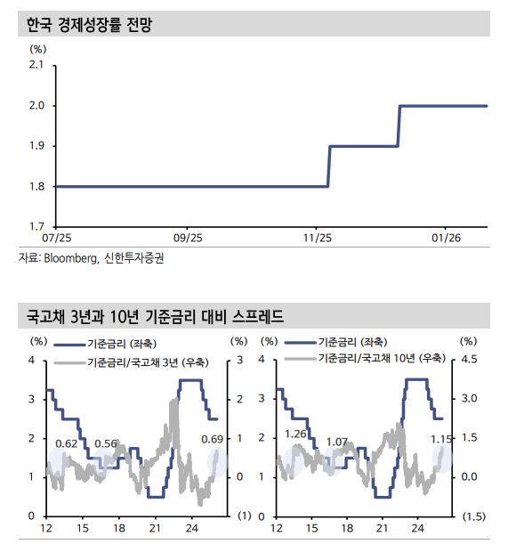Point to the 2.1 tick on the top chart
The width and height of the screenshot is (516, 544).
tap(37, 66)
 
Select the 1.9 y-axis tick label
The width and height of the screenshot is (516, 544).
tap(37, 146)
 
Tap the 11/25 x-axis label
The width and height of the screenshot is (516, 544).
tap(316, 239)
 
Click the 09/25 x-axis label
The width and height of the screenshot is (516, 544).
tap(188, 239)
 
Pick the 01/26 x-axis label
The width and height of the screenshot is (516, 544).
tap(446, 239)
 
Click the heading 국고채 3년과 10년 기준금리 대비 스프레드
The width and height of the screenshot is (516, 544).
tap(155, 316)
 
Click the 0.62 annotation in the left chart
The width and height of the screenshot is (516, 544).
tap(66, 443)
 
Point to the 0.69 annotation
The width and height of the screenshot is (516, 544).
tap(213, 439)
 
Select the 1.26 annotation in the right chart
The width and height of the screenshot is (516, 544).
tap(295, 434)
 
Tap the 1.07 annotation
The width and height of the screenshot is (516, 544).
tap(336, 442)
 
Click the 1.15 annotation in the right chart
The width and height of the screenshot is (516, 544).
tap(441, 439)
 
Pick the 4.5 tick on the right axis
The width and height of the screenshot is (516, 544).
tap(468, 360)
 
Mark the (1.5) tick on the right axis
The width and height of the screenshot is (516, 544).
tap(472, 516)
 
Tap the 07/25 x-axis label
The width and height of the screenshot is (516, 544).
tap(55, 239)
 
